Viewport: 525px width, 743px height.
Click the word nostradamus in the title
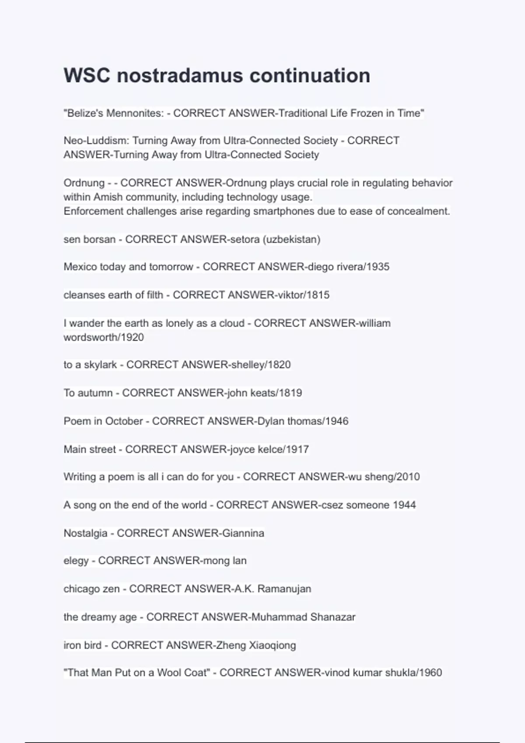(179, 76)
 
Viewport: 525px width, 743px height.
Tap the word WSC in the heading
(87, 76)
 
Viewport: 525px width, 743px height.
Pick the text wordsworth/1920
(104, 337)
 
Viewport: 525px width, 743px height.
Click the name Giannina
(243, 533)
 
